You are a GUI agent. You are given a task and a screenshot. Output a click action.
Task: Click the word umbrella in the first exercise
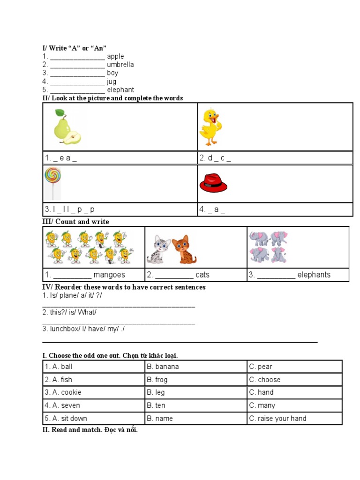tap(120, 65)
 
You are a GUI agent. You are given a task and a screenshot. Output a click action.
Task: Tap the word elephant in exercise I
tap(120, 90)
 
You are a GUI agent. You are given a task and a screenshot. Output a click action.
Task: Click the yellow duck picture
tap(210, 127)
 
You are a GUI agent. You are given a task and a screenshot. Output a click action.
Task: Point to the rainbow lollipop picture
tap(52, 183)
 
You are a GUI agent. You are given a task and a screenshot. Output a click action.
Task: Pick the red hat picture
tap(213, 183)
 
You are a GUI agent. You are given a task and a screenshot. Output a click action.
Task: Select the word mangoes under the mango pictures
tap(109, 275)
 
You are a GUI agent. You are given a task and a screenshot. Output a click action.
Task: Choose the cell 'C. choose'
tap(265, 380)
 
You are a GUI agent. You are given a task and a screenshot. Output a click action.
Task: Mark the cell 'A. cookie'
tap(63, 392)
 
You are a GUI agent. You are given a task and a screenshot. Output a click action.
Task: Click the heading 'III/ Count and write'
tap(75, 221)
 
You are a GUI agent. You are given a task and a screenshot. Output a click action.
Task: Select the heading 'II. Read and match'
tap(90, 430)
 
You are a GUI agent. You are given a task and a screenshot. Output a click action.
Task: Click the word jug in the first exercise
tap(112, 82)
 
